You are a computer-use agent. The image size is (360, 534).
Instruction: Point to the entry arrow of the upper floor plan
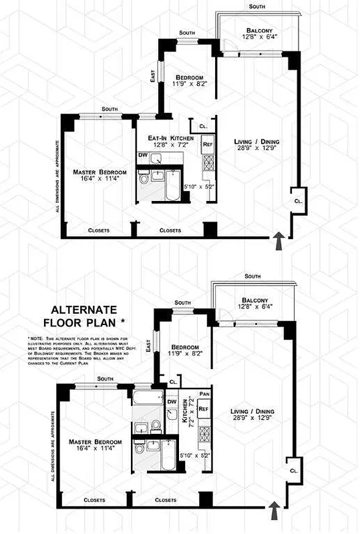[279, 240]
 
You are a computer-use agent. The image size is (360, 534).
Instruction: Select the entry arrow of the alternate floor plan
[273, 513]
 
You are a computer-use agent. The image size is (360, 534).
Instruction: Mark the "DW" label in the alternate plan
[171, 401]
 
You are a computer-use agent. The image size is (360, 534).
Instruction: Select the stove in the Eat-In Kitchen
[208, 163]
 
